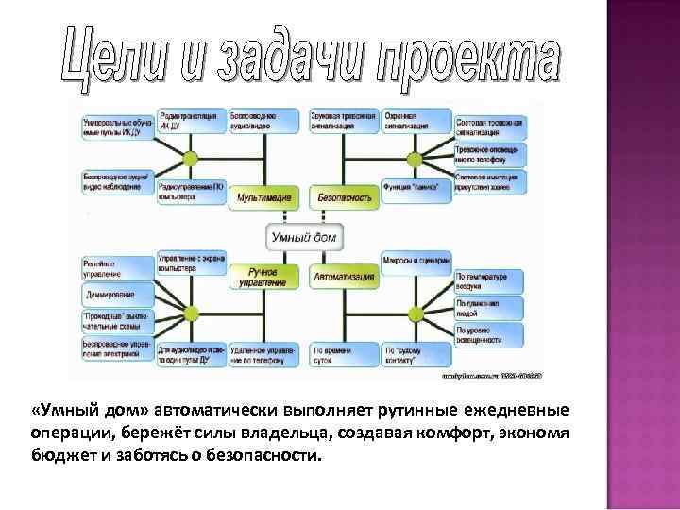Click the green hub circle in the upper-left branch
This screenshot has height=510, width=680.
point(190,158)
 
